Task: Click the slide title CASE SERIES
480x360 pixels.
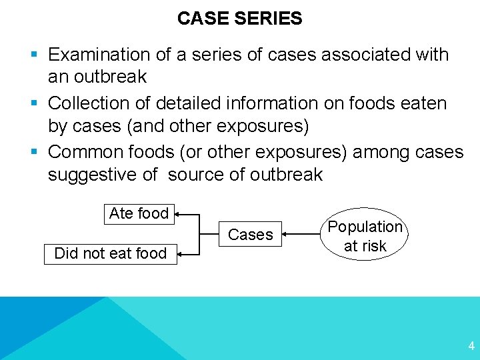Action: tap(239, 19)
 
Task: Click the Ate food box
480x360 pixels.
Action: tap(139, 213)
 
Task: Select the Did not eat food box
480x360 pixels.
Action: tap(110, 253)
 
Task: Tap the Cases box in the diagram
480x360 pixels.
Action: tap(251, 234)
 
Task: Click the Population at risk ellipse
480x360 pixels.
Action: tap(365, 236)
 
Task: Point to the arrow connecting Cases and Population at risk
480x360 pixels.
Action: tap(303, 234)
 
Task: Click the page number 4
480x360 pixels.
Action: tap(471, 346)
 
